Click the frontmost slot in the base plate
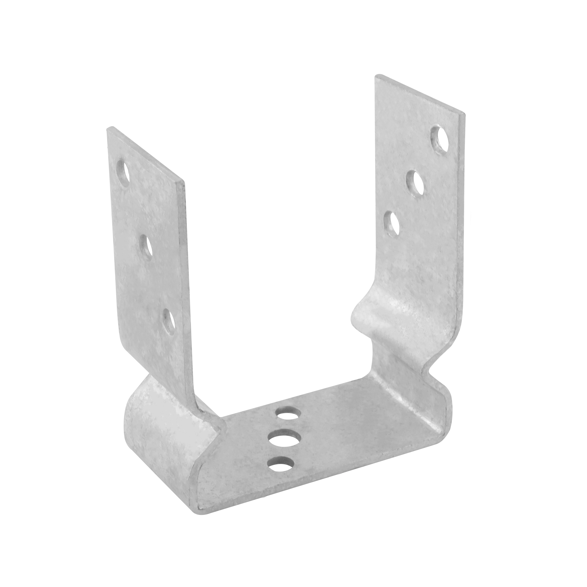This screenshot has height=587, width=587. tap(281, 463)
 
